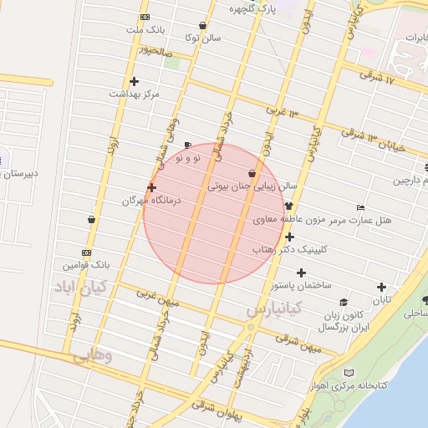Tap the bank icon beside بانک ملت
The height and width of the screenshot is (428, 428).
click(145, 18)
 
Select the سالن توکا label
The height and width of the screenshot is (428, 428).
click(202, 38)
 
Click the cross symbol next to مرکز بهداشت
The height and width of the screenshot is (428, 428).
click(134, 81)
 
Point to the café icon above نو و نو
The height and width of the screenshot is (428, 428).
click(187, 144)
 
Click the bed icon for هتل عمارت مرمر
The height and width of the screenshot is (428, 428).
click(360, 206)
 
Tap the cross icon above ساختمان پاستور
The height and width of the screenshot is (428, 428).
click(301, 273)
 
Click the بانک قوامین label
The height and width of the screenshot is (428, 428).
click(86, 265)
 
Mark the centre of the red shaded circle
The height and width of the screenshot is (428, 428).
click(215, 214)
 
